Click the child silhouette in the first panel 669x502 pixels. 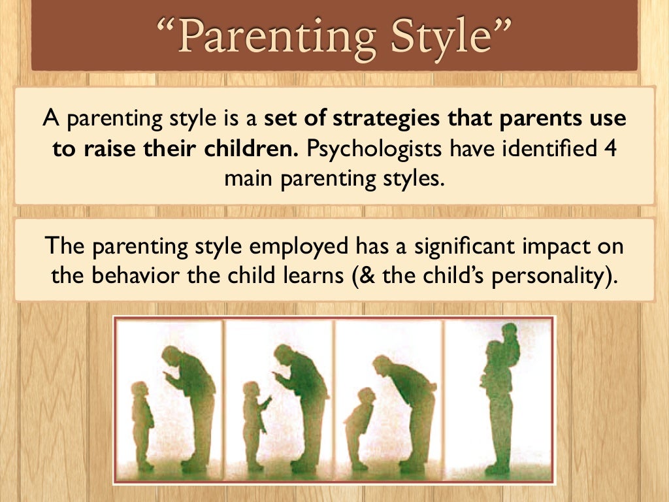142,425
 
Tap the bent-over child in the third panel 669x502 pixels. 361,425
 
